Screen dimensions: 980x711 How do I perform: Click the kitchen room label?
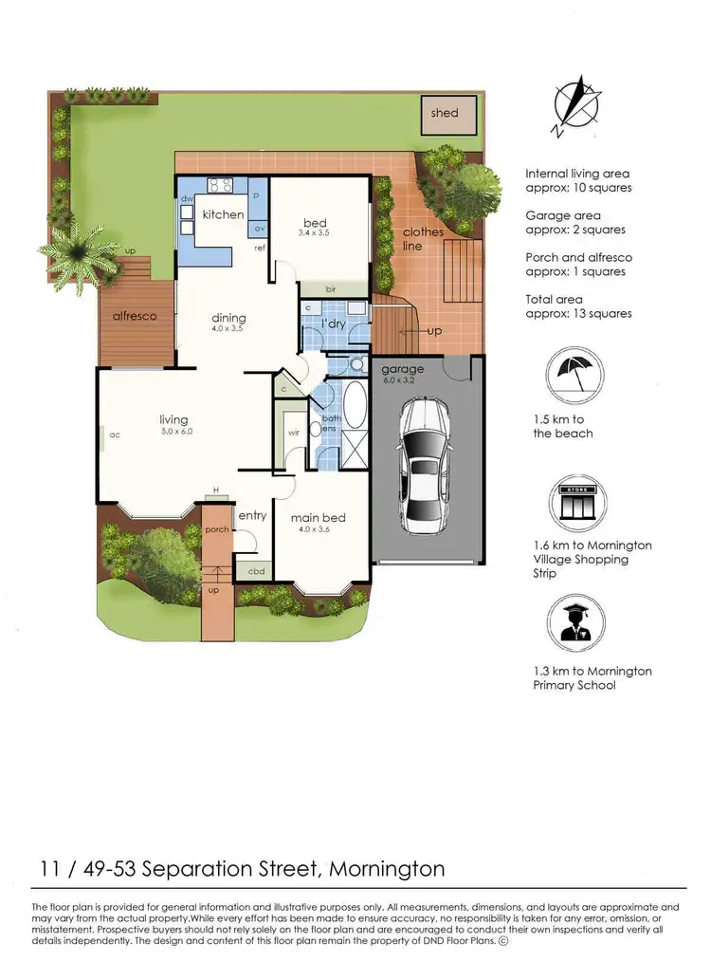[x=223, y=214]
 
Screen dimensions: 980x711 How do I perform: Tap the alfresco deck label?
[x=135, y=315]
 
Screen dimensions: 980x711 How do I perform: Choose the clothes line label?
[x=423, y=238]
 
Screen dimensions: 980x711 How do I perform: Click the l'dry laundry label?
[x=334, y=324]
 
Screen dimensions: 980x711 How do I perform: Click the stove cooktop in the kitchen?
[x=221, y=186]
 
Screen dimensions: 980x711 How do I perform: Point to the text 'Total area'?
[x=556, y=299]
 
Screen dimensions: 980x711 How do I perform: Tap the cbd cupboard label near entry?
[x=256, y=571]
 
